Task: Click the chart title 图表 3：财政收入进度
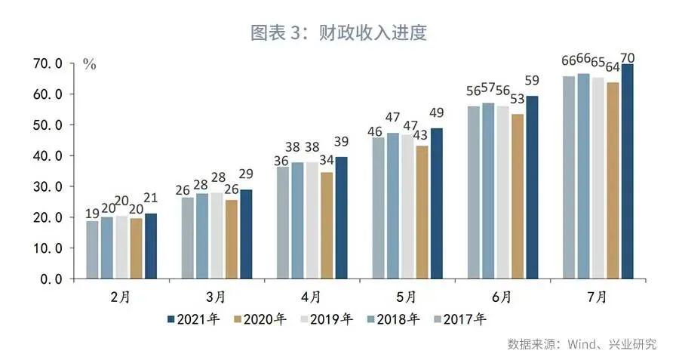coord(339,32)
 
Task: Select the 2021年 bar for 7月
coord(627,171)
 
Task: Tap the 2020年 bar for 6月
coord(518,196)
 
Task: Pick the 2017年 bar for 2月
coord(92,250)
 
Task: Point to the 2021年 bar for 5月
coord(437,203)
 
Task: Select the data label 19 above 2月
coord(91,213)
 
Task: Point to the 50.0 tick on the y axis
coord(58,125)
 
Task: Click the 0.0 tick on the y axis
coord(62,278)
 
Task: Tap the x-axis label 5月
coord(406,297)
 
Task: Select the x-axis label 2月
coord(120,297)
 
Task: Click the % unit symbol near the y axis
coord(89,65)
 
